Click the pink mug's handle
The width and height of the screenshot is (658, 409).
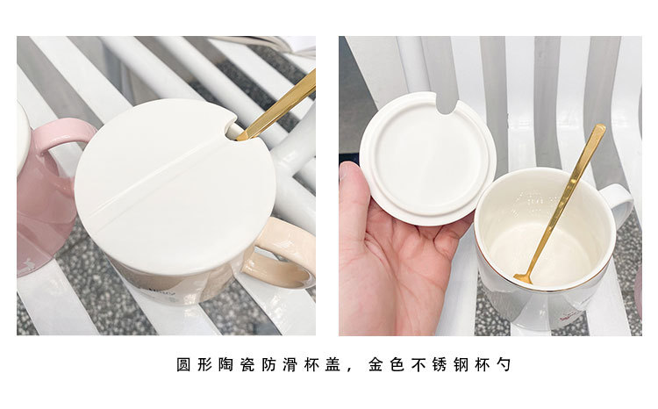coord(63,131)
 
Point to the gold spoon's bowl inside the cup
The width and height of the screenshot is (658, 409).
coord(523,277)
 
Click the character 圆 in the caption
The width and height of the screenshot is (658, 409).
coord(183,364)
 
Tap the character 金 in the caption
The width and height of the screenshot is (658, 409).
coord(375,364)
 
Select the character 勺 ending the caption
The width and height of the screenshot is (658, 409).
coord(504,364)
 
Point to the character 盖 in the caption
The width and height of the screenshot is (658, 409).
coord(333,364)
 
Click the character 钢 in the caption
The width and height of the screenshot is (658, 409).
coord(461,364)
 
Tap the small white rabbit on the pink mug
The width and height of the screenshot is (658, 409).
coord(29,264)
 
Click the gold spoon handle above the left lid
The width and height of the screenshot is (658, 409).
coord(278,106)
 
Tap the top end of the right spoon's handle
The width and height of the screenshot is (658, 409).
coord(600,127)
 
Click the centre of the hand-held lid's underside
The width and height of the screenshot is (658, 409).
coord(428,159)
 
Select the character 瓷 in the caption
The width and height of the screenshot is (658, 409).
coord(247,364)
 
